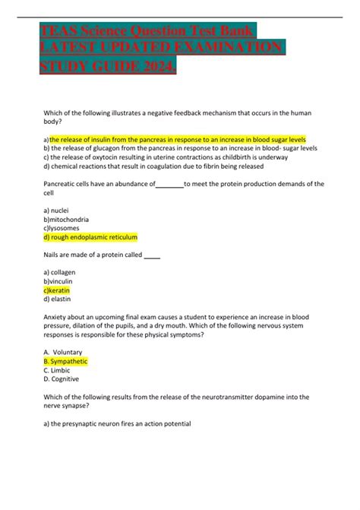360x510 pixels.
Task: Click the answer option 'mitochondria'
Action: (x=69, y=219)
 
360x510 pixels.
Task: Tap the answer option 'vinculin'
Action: (x=64, y=280)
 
